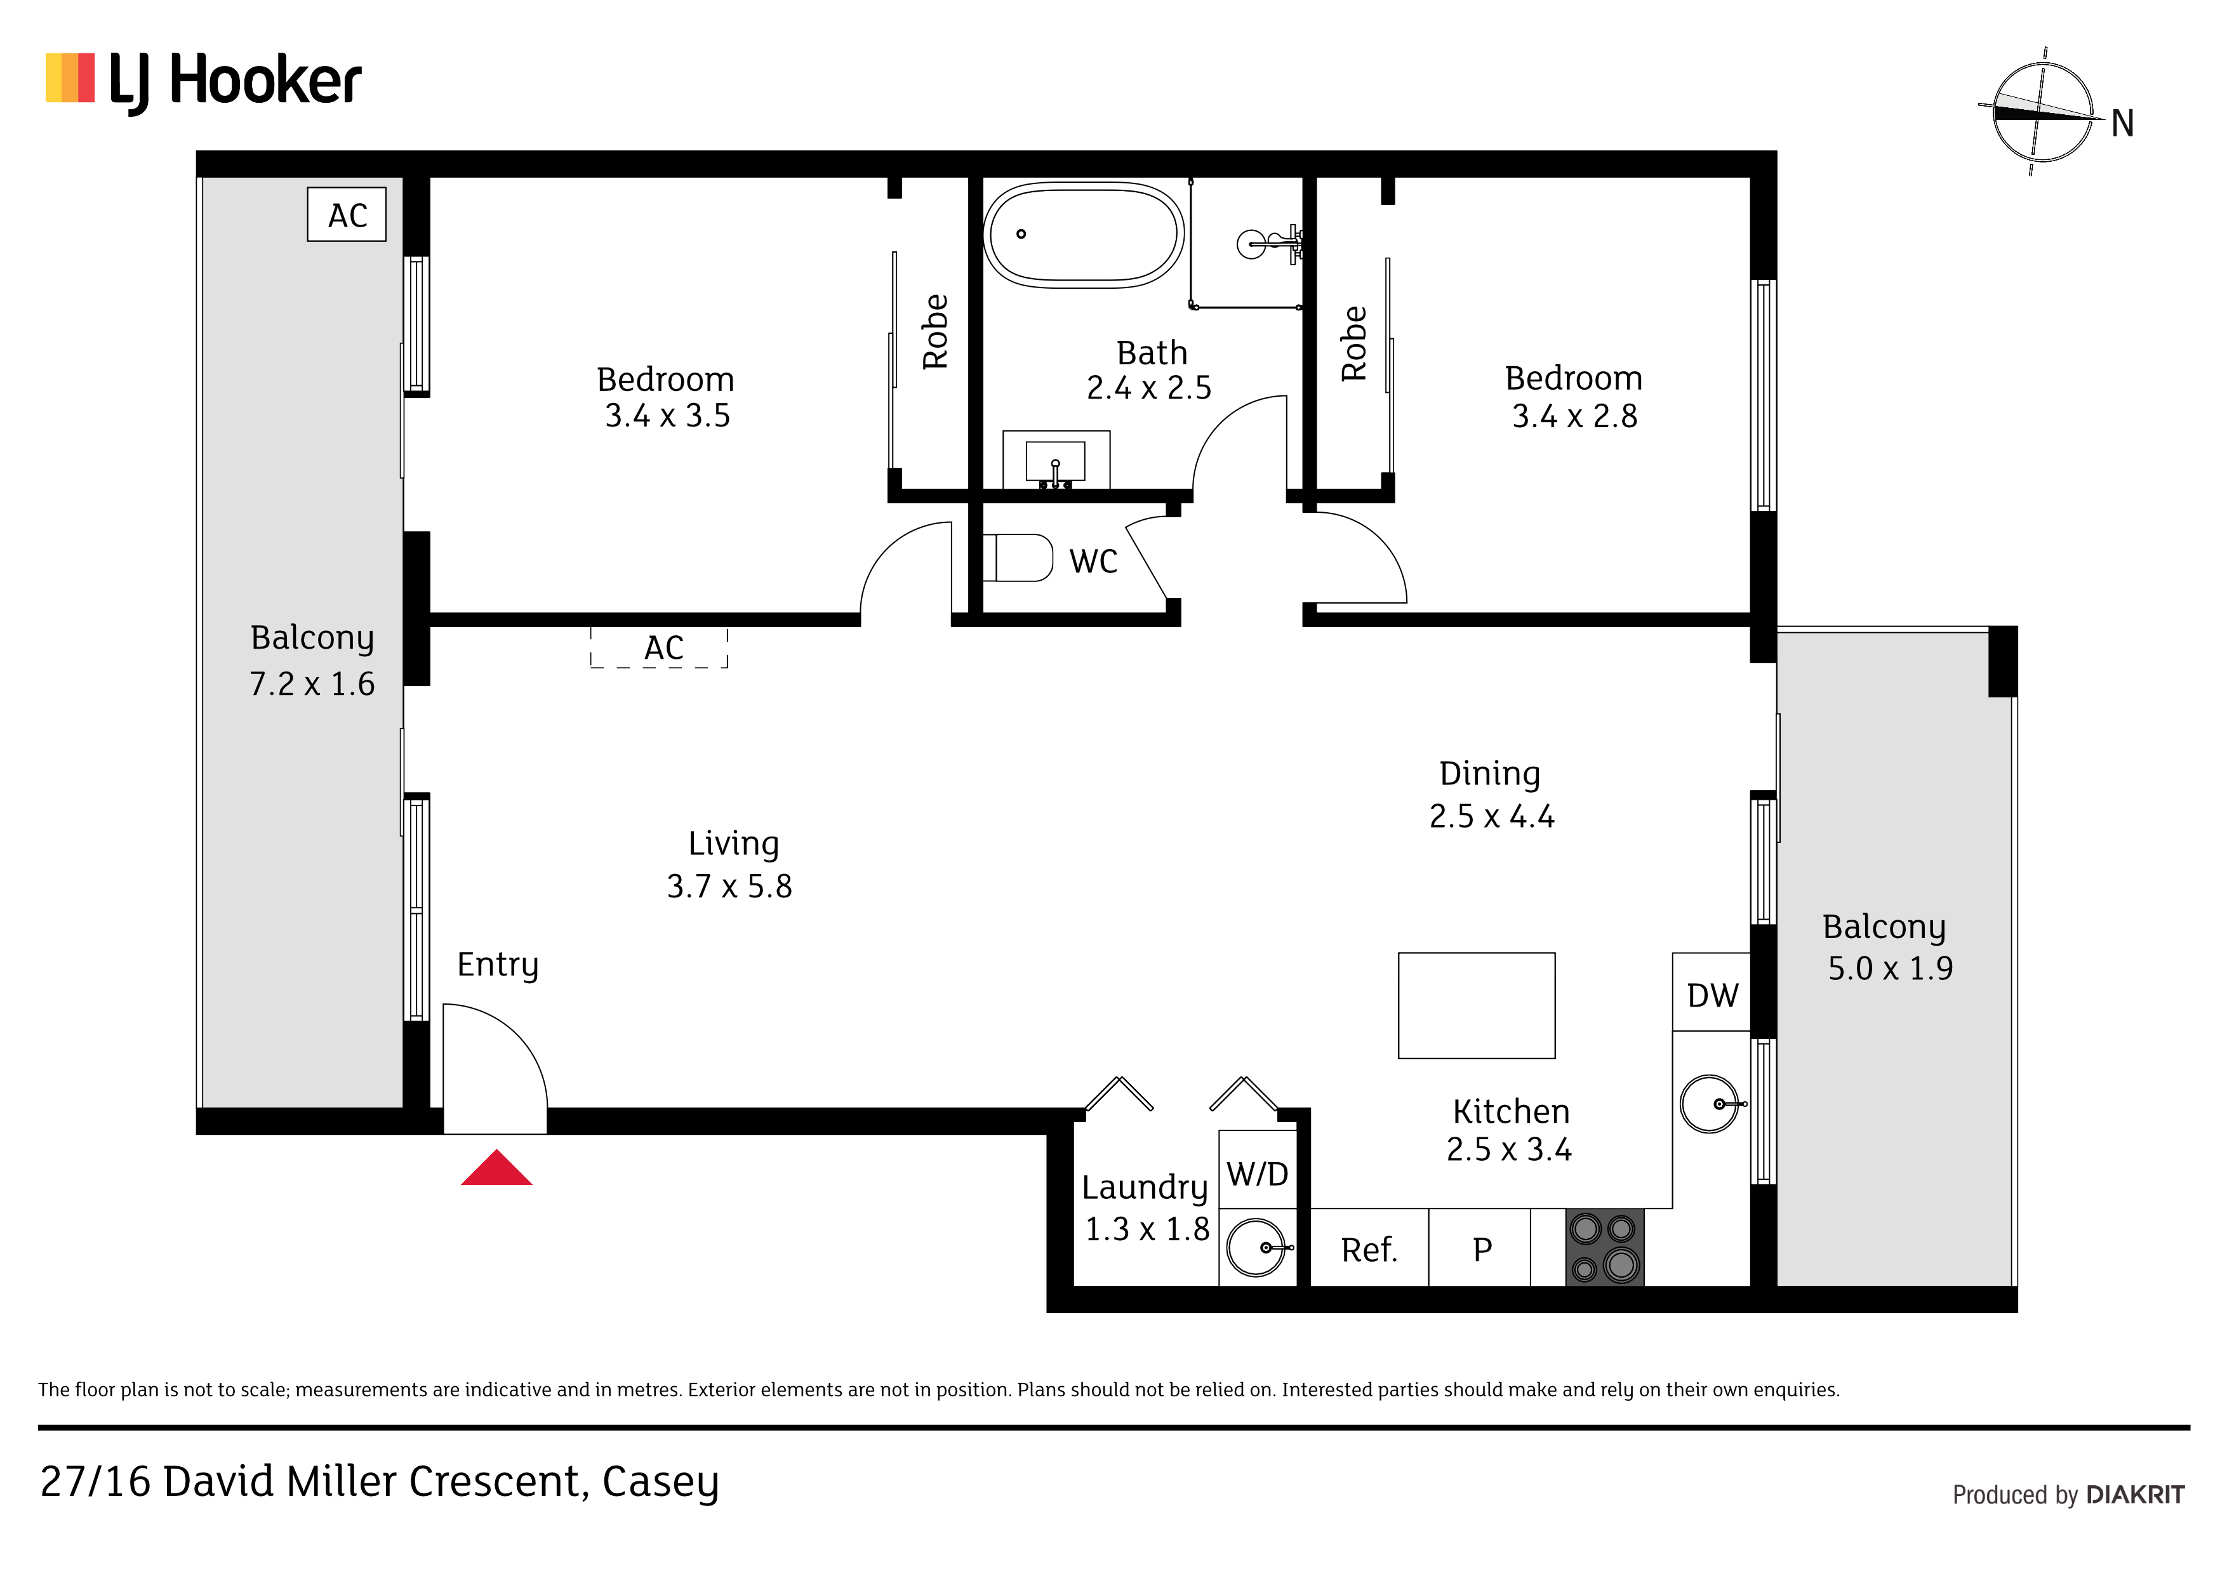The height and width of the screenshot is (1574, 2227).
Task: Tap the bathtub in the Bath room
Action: pyautogui.click(x=1084, y=235)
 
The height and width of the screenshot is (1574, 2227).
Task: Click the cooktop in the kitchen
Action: pyautogui.click(x=1604, y=1247)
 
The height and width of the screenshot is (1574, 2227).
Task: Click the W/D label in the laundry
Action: pyautogui.click(x=1257, y=1174)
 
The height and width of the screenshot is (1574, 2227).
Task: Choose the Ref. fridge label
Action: pyautogui.click(x=1369, y=1250)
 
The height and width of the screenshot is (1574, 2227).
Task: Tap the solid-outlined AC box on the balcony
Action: pyautogui.click(x=346, y=215)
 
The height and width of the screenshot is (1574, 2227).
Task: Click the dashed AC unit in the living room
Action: pyautogui.click(x=660, y=648)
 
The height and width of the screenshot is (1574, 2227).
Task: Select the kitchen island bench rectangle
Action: pyautogui.click(x=1476, y=1006)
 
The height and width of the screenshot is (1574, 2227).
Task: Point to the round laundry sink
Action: pyautogui.click(x=1256, y=1247)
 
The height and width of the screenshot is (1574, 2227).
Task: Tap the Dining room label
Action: pyautogui.click(x=1490, y=774)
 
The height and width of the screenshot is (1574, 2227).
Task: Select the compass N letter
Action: pyautogui.click(x=2122, y=123)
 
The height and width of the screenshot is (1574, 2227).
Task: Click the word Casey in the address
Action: pyautogui.click(x=660, y=1483)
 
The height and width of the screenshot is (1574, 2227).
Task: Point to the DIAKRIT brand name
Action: pyautogui.click(x=2136, y=1495)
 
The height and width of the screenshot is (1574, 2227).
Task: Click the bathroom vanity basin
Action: pyautogui.click(x=1055, y=461)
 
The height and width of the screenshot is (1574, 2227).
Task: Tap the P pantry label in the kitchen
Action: pyautogui.click(x=1482, y=1250)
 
